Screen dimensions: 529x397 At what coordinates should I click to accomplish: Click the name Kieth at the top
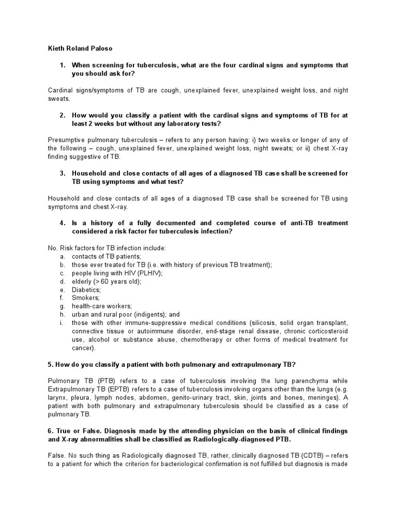click(x=56, y=49)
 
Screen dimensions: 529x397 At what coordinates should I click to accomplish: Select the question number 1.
click(x=62, y=65)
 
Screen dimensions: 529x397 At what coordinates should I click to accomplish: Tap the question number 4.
click(x=62, y=223)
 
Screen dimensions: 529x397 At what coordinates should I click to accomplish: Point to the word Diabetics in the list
click(x=86, y=290)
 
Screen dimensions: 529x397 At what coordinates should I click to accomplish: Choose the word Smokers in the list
click(x=86, y=298)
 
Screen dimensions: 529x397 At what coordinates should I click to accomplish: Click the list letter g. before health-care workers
click(x=62, y=306)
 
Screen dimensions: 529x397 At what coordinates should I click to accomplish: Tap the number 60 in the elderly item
click(x=105, y=282)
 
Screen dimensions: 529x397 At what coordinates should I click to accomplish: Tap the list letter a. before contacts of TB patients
click(x=62, y=257)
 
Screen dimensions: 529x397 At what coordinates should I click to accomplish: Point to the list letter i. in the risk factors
click(x=62, y=323)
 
